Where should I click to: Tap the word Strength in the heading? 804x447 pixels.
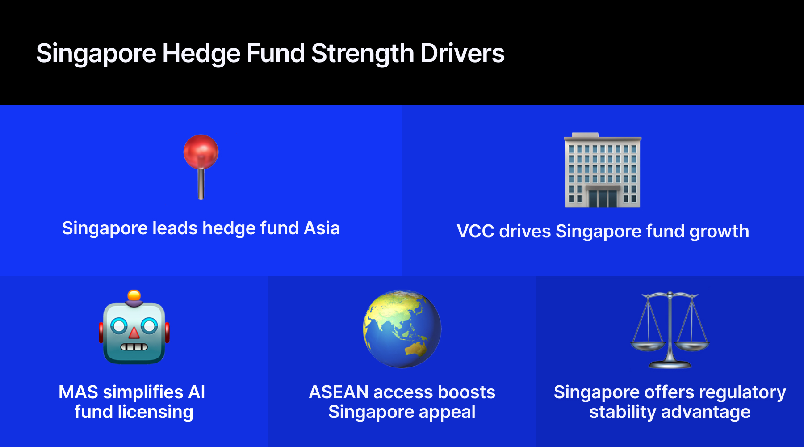click(363, 55)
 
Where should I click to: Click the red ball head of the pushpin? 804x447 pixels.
click(201, 152)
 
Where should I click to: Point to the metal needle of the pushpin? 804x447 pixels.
click(201, 184)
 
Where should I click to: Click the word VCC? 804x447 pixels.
click(475, 232)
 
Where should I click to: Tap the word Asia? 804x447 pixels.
click(322, 228)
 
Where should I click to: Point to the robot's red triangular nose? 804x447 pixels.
click(134, 333)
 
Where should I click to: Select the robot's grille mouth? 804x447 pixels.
click(134, 347)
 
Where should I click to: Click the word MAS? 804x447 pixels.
click(78, 392)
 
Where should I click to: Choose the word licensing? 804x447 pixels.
click(155, 412)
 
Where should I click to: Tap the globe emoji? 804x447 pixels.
click(402, 329)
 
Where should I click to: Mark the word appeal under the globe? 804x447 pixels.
click(449, 412)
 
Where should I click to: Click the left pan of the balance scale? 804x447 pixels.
click(647, 346)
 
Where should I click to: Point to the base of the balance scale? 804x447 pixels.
click(670, 365)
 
